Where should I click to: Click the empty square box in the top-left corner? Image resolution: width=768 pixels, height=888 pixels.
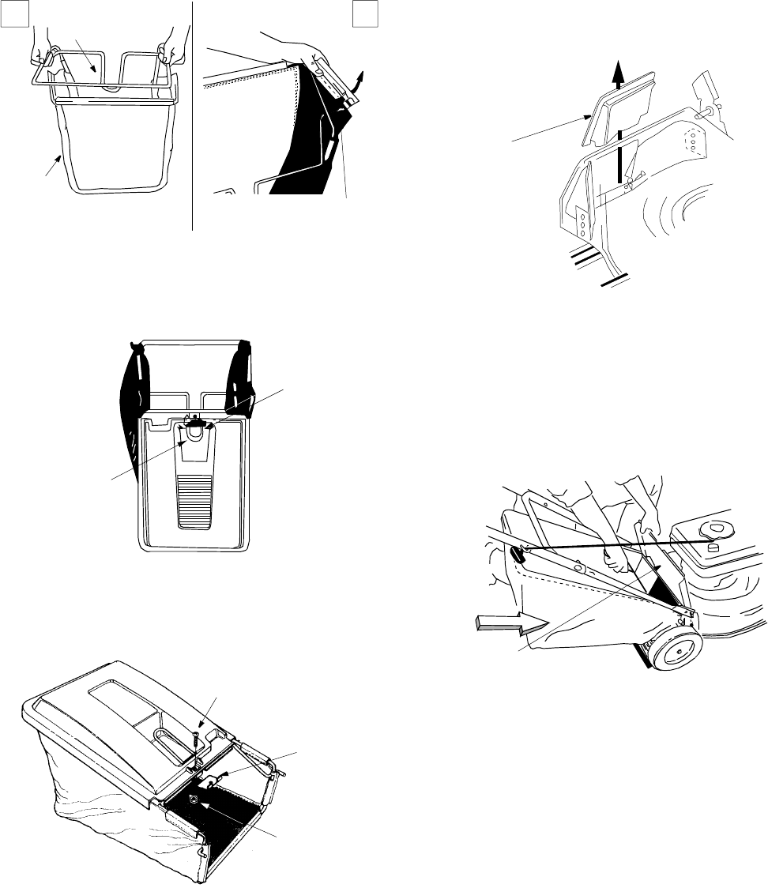point(9,10)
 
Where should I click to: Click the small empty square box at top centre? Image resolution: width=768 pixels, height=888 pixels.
point(363,10)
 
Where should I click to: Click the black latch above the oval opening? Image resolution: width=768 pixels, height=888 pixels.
point(194,424)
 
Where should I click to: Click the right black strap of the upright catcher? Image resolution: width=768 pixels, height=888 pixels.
point(240,379)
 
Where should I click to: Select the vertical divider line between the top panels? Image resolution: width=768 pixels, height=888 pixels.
point(193,115)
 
